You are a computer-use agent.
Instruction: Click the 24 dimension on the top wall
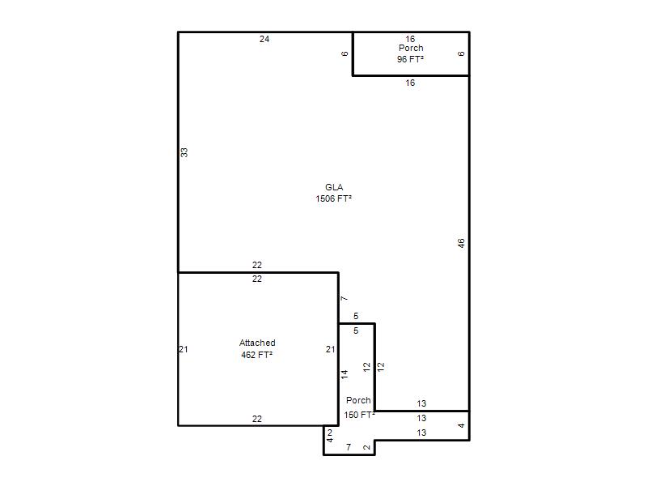click(264, 39)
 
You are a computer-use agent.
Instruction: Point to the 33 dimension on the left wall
click(184, 152)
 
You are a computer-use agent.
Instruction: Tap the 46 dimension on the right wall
click(461, 243)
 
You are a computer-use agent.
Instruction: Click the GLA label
click(334, 187)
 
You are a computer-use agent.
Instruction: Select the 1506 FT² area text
click(333, 198)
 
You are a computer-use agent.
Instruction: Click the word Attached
click(257, 343)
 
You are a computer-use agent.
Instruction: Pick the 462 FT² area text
click(256, 355)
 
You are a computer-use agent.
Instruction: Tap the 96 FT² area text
click(410, 59)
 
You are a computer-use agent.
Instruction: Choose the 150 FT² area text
click(359, 415)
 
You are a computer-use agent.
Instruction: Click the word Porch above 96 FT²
click(411, 48)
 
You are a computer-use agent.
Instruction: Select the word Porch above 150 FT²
click(358, 400)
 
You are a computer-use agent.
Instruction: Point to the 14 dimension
click(345, 374)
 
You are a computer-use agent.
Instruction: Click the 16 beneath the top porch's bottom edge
click(410, 83)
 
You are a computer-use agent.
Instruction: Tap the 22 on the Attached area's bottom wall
click(257, 419)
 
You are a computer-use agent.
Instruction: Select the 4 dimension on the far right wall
click(461, 426)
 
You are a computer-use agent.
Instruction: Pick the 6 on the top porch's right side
click(461, 53)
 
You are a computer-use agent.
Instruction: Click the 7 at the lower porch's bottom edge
click(349, 447)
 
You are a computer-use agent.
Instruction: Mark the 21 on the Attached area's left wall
click(184, 349)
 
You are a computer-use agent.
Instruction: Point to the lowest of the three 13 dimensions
click(421, 433)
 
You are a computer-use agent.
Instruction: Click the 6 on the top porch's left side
click(345, 53)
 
